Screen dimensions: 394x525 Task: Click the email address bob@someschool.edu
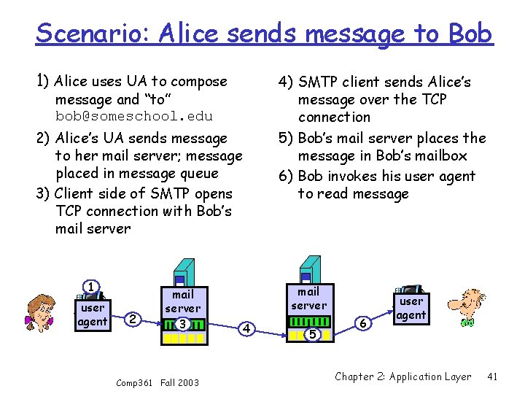(134, 116)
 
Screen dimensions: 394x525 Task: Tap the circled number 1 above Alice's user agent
(90, 287)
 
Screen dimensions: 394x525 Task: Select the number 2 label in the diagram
(132, 319)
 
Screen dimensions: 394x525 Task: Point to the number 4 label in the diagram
(246, 329)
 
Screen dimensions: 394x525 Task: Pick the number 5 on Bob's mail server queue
(311, 334)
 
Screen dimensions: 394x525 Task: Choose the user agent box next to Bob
(411, 307)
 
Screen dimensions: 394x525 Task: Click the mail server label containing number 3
(182, 301)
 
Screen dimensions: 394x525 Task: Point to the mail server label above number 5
(309, 298)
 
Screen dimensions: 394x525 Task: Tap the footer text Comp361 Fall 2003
(157, 382)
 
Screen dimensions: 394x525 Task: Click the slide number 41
(492, 376)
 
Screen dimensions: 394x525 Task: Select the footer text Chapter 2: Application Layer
(402, 376)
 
